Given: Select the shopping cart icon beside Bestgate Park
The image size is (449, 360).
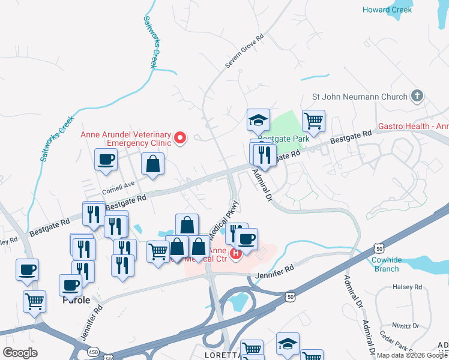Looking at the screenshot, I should (314, 121).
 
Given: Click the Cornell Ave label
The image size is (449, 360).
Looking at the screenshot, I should (119, 188).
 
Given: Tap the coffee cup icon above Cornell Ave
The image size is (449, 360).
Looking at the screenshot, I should (106, 160).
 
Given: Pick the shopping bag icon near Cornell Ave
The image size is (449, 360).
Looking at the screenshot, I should (153, 163).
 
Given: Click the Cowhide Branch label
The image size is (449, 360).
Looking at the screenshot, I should (385, 264).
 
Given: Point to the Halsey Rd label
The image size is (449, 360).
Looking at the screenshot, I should (408, 287).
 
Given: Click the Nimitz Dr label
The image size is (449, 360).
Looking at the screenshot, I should (407, 326).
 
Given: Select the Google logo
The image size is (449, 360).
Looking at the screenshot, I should (20, 353).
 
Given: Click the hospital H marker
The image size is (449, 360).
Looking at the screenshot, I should (235, 254).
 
